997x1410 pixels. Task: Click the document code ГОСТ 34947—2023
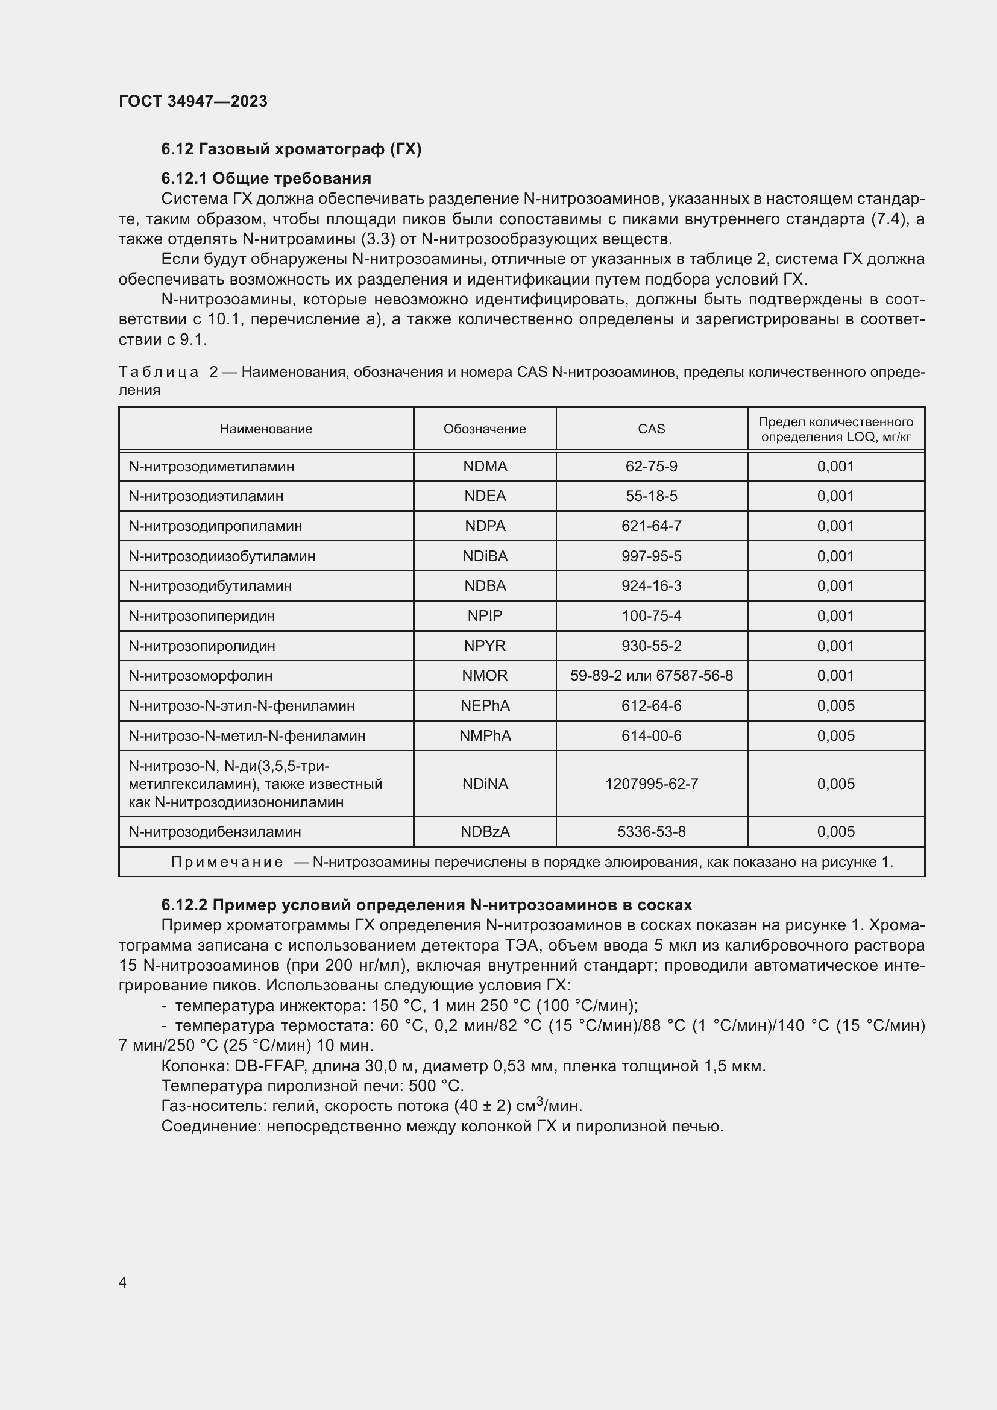click(x=193, y=101)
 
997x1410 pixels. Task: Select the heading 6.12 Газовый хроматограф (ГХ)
click(x=291, y=149)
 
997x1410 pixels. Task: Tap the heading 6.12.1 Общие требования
click(x=266, y=178)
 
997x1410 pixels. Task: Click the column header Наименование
click(x=266, y=429)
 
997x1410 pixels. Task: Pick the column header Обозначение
click(x=485, y=429)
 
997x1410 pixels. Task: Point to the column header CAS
click(x=651, y=429)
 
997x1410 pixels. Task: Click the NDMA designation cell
click(x=485, y=466)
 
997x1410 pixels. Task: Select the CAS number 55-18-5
click(x=651, y=496)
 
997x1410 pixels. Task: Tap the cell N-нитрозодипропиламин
click(x=215, y=526)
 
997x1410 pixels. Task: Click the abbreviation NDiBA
click(x=485, y=556)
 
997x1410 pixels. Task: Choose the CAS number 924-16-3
click(x=651, y=585)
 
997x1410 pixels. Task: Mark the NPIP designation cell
click(x=485, y=615)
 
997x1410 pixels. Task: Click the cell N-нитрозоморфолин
click(x=200, y=676)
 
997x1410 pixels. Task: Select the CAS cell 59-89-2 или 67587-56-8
click(x=651, y=676)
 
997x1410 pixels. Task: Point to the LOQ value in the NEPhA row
click(x=835, y=706)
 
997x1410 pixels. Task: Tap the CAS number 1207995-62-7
click(x=651, y=784)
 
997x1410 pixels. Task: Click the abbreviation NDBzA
click(x=485, y=831)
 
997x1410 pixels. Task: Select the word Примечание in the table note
click(x=227, y=862)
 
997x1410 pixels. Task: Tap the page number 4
click(x=122, y=1282)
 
